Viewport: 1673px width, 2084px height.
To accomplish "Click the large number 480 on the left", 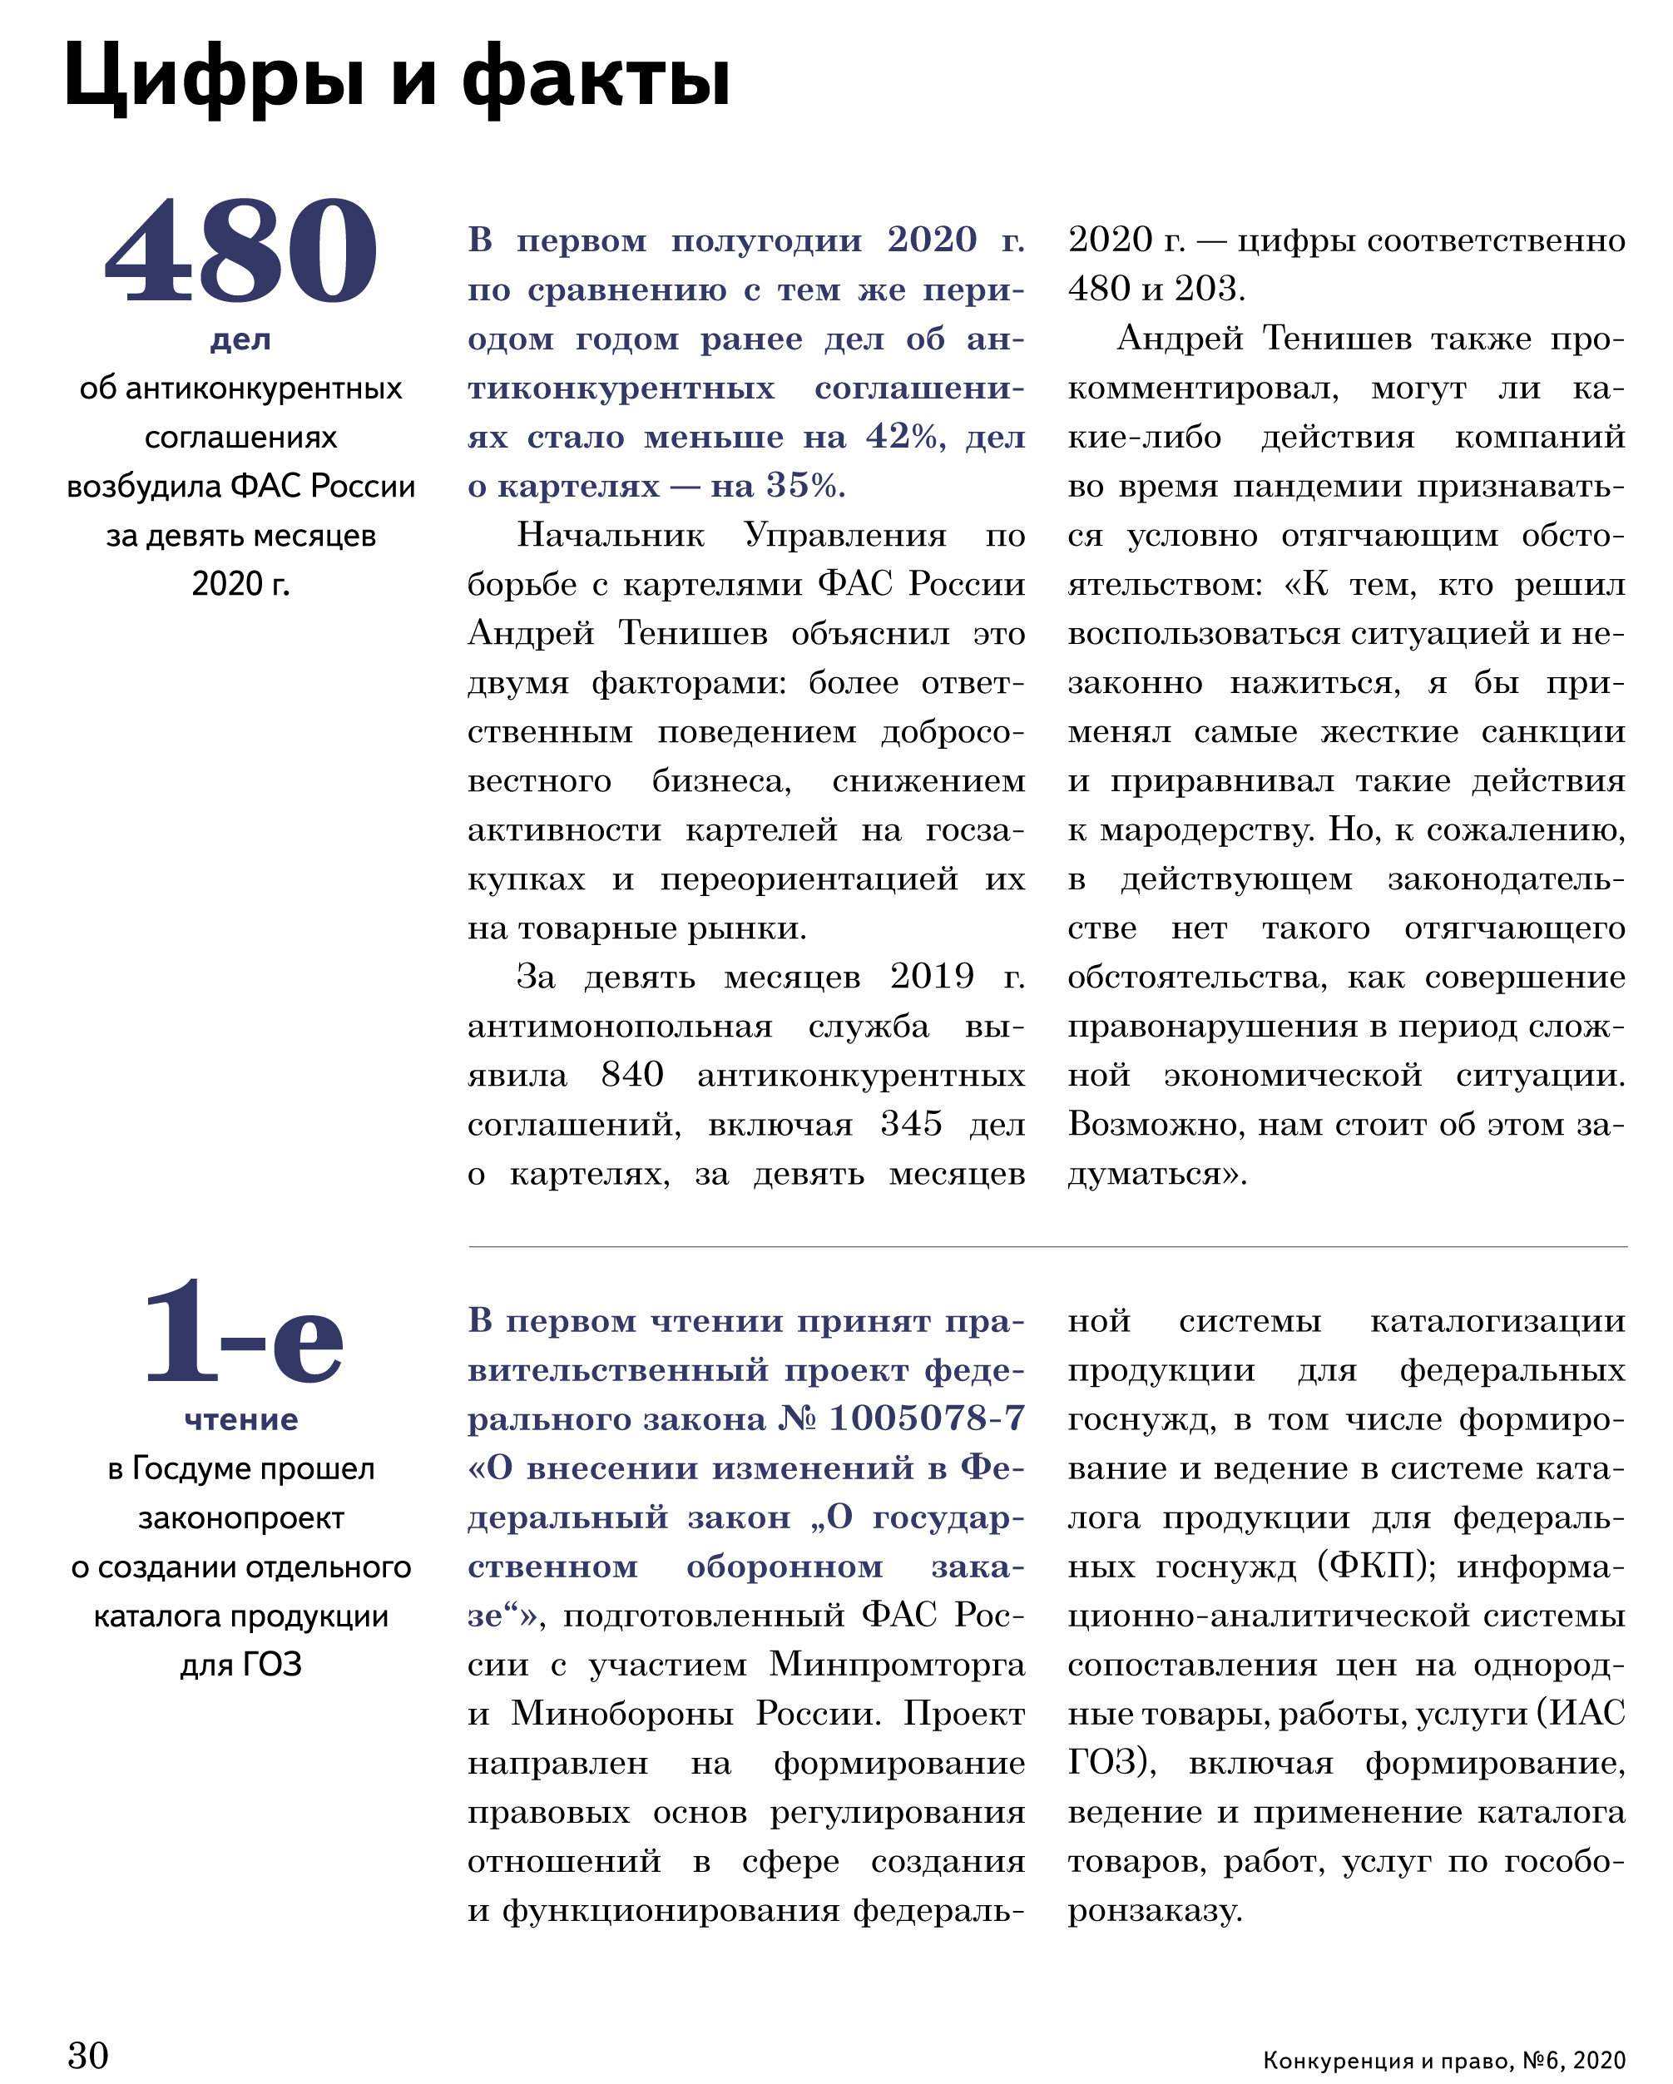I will [x=240, y=250].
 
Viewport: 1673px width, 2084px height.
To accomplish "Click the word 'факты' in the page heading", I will [x=596, y=77].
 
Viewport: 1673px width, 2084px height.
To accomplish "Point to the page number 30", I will [x=88, y=2055].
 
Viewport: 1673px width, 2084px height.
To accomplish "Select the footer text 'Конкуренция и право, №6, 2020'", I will [x=1444, y=2060].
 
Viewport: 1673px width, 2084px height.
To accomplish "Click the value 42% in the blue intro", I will [x=904, y=437].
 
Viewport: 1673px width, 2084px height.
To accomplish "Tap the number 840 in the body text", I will [x=632, y=1074].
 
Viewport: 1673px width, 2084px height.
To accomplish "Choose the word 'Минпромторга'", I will [x=897, y=1664].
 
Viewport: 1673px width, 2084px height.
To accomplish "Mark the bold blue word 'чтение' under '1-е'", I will [x=240, y=1420].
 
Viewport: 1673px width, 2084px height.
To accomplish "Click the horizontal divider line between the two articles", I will [x=1047, y=1247].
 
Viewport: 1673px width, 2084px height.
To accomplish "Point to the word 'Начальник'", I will [x=611, y=535].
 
